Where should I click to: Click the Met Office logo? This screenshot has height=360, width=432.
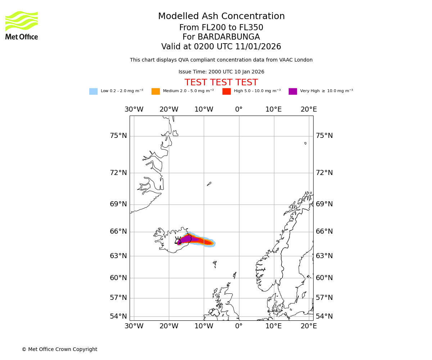click(x=22, y=25)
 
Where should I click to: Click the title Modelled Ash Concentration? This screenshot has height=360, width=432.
click(x=221, y=17)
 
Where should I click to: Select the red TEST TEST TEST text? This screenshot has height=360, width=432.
click(x=221, y=83)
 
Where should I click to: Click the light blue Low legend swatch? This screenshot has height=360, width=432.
click(x=93, y=91)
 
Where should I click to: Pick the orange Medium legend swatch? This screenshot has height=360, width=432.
click(x=156, y=91)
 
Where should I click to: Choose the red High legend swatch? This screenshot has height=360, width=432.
click(x=226, y=91)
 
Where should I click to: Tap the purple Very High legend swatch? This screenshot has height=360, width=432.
click(x=293, y=91)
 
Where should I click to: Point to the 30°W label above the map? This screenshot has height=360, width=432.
click(x=134, y=109)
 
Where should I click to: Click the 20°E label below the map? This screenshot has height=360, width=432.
click(x=309, y=326)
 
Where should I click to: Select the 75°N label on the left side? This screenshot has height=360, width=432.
click(x=118, y=136)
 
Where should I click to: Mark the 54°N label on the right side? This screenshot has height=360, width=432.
click(x=324, y=316)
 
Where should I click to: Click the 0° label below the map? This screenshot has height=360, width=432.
click(x=239, y=326)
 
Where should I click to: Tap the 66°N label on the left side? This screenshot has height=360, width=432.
click(x=118, y=231)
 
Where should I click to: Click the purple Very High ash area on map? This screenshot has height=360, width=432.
click(x=187, y=239)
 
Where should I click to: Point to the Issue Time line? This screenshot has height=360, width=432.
click(x=221, y=72)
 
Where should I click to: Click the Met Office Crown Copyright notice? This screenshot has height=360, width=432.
click(x=59, y=350)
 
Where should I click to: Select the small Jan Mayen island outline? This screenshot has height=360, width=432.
click(x=209, y=184)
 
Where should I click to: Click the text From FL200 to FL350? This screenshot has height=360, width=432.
click(x=221, y=28)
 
